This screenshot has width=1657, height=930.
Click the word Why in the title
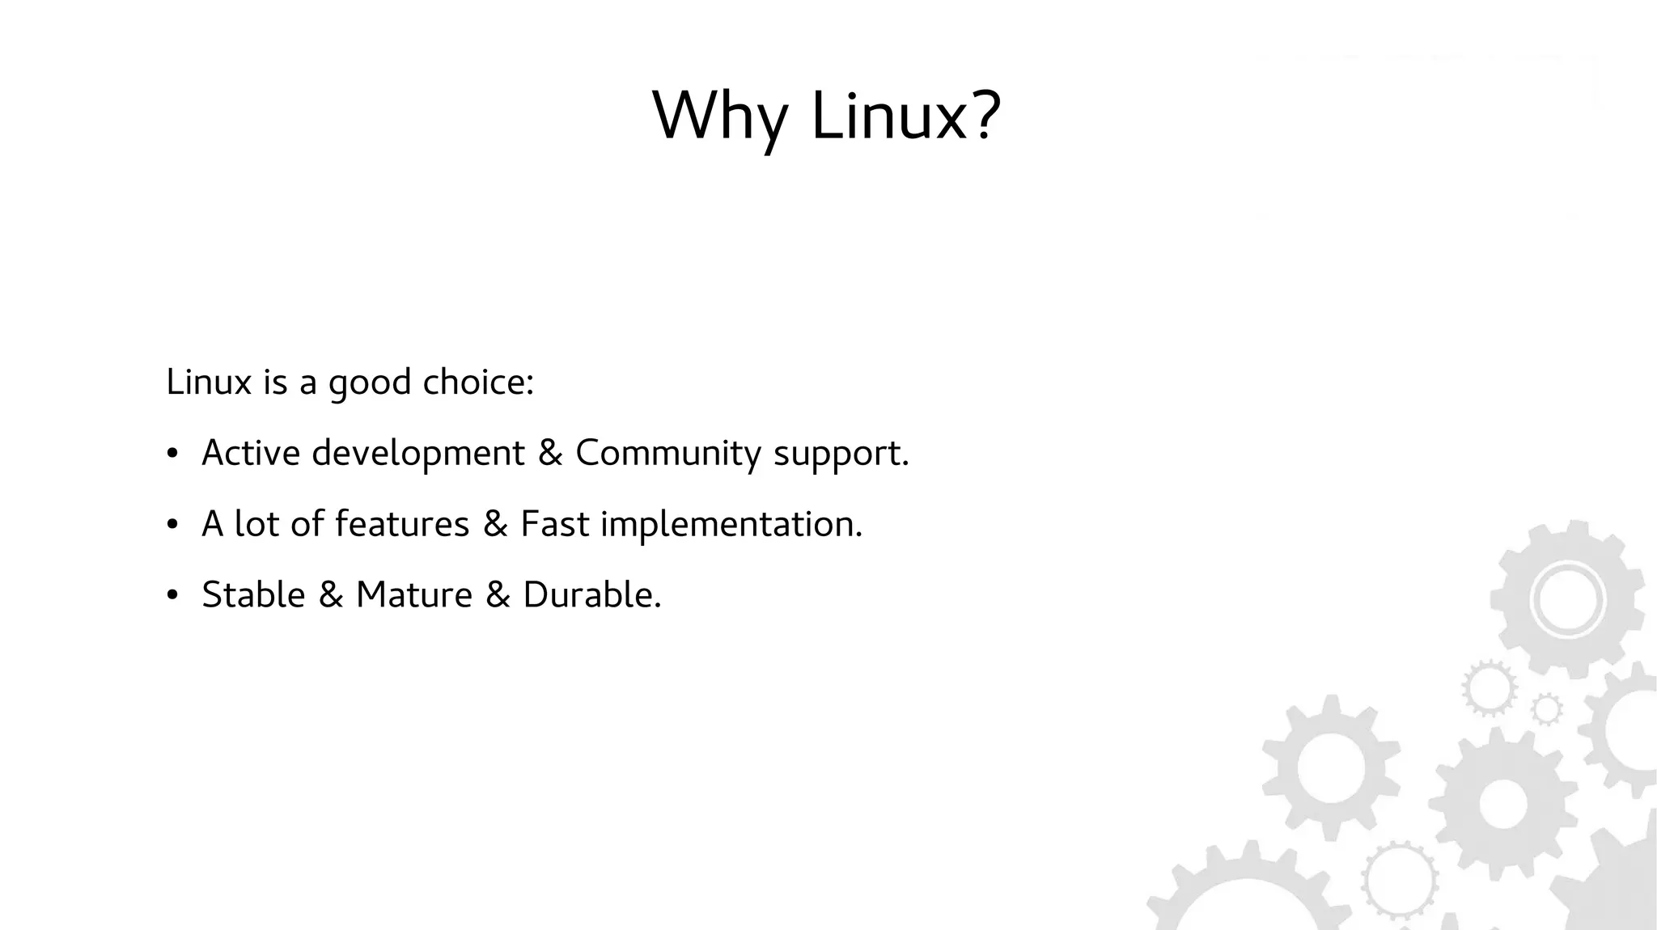click(x=719, y=116)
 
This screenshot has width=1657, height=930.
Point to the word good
click(x=370, y=383)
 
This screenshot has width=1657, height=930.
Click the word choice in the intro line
click(x=477, y=382)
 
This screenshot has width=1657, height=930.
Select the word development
click(x=418, y=454)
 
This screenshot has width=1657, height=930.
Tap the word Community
click(x=667, y=454)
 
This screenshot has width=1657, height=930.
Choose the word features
click(x=402, y=524)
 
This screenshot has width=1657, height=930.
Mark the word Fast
click(x=554, y=524)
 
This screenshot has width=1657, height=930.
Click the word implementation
click(x=731, y=525)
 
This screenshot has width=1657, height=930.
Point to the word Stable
click(x=253, y=595)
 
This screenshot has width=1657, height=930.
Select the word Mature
click(x=413, y=595)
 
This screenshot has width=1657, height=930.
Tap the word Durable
click(x=591, y=595)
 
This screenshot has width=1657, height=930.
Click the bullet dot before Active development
click(x=172, y=454)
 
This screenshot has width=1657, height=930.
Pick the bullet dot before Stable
click(x=172, y=596)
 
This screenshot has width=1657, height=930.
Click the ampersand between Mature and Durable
click(x=498, y=596)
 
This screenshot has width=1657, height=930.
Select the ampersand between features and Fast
click(x=495, y=525)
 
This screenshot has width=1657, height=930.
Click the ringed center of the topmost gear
click(x=1567, y=599)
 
